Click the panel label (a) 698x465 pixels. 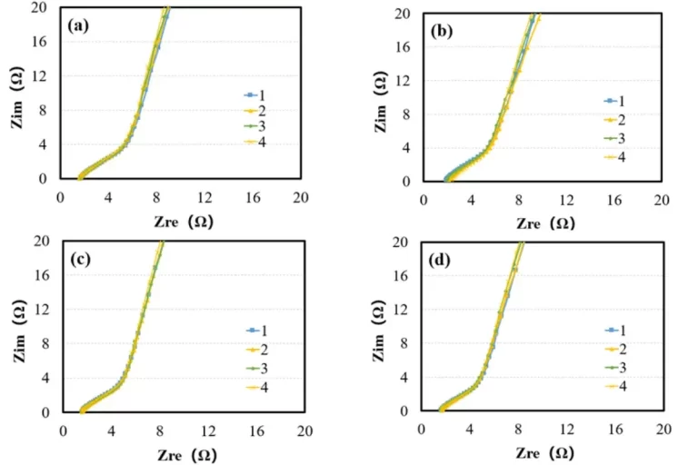point(78,26)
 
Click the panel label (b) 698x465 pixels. point(443,32)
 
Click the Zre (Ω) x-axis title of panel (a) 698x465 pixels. point(184,221)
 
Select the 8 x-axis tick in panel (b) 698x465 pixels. point(518,198)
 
